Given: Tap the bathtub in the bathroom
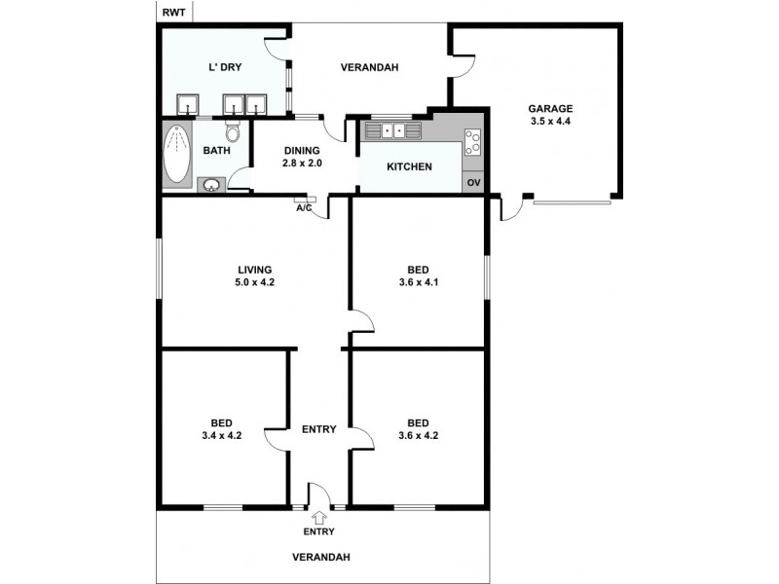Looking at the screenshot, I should pos(178,154).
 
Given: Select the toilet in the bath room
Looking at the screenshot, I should pos(233,131).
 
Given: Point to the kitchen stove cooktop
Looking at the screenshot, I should pos(472,142).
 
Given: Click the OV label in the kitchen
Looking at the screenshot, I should pos(473,183).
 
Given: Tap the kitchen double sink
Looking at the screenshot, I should pos(393,129).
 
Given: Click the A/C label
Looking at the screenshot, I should pos(304,207).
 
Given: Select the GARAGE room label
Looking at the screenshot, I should pos(550,108).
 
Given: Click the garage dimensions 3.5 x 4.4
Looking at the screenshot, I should pos(550,122).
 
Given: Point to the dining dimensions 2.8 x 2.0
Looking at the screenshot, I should pos(302,164).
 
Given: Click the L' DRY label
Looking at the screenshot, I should pos(225,67).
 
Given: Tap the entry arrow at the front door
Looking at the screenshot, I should pos(318,517).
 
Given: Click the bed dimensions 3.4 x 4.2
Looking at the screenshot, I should pos(221,436).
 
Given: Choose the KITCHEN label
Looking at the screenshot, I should pos(409,167).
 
